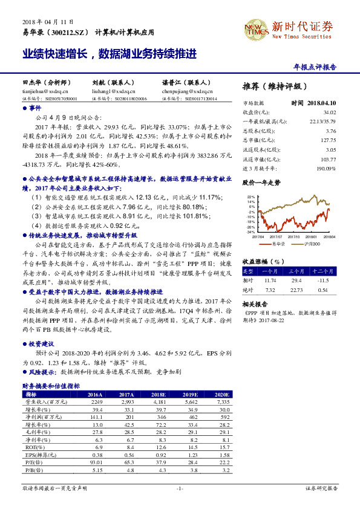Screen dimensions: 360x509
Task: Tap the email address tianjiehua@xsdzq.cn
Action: point(43,90)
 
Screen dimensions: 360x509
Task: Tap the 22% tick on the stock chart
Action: point(251,197)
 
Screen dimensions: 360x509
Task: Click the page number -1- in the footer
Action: point(180,487)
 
